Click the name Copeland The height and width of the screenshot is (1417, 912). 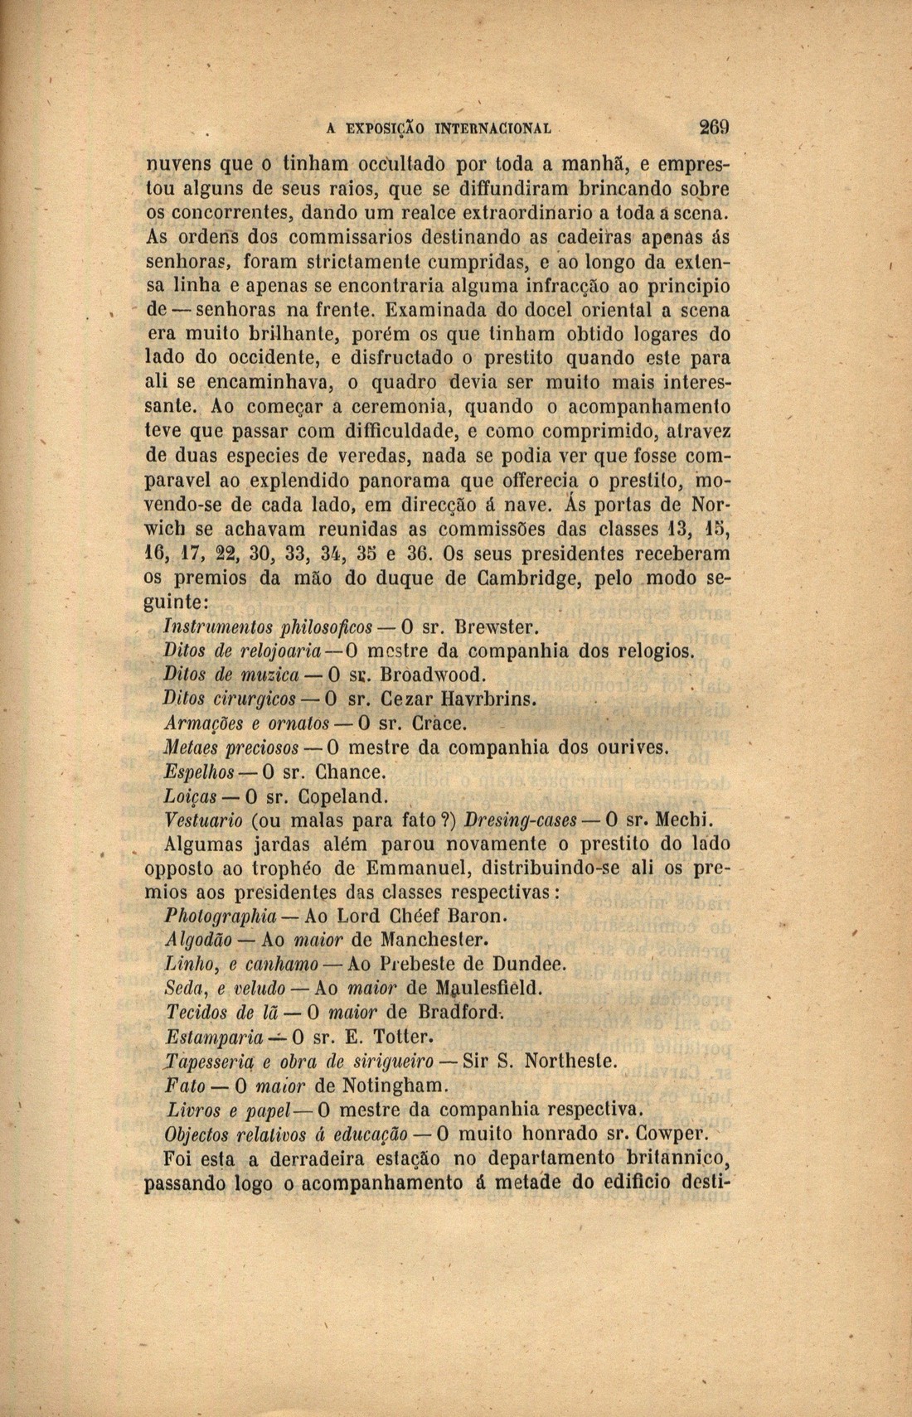(342, 797)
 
